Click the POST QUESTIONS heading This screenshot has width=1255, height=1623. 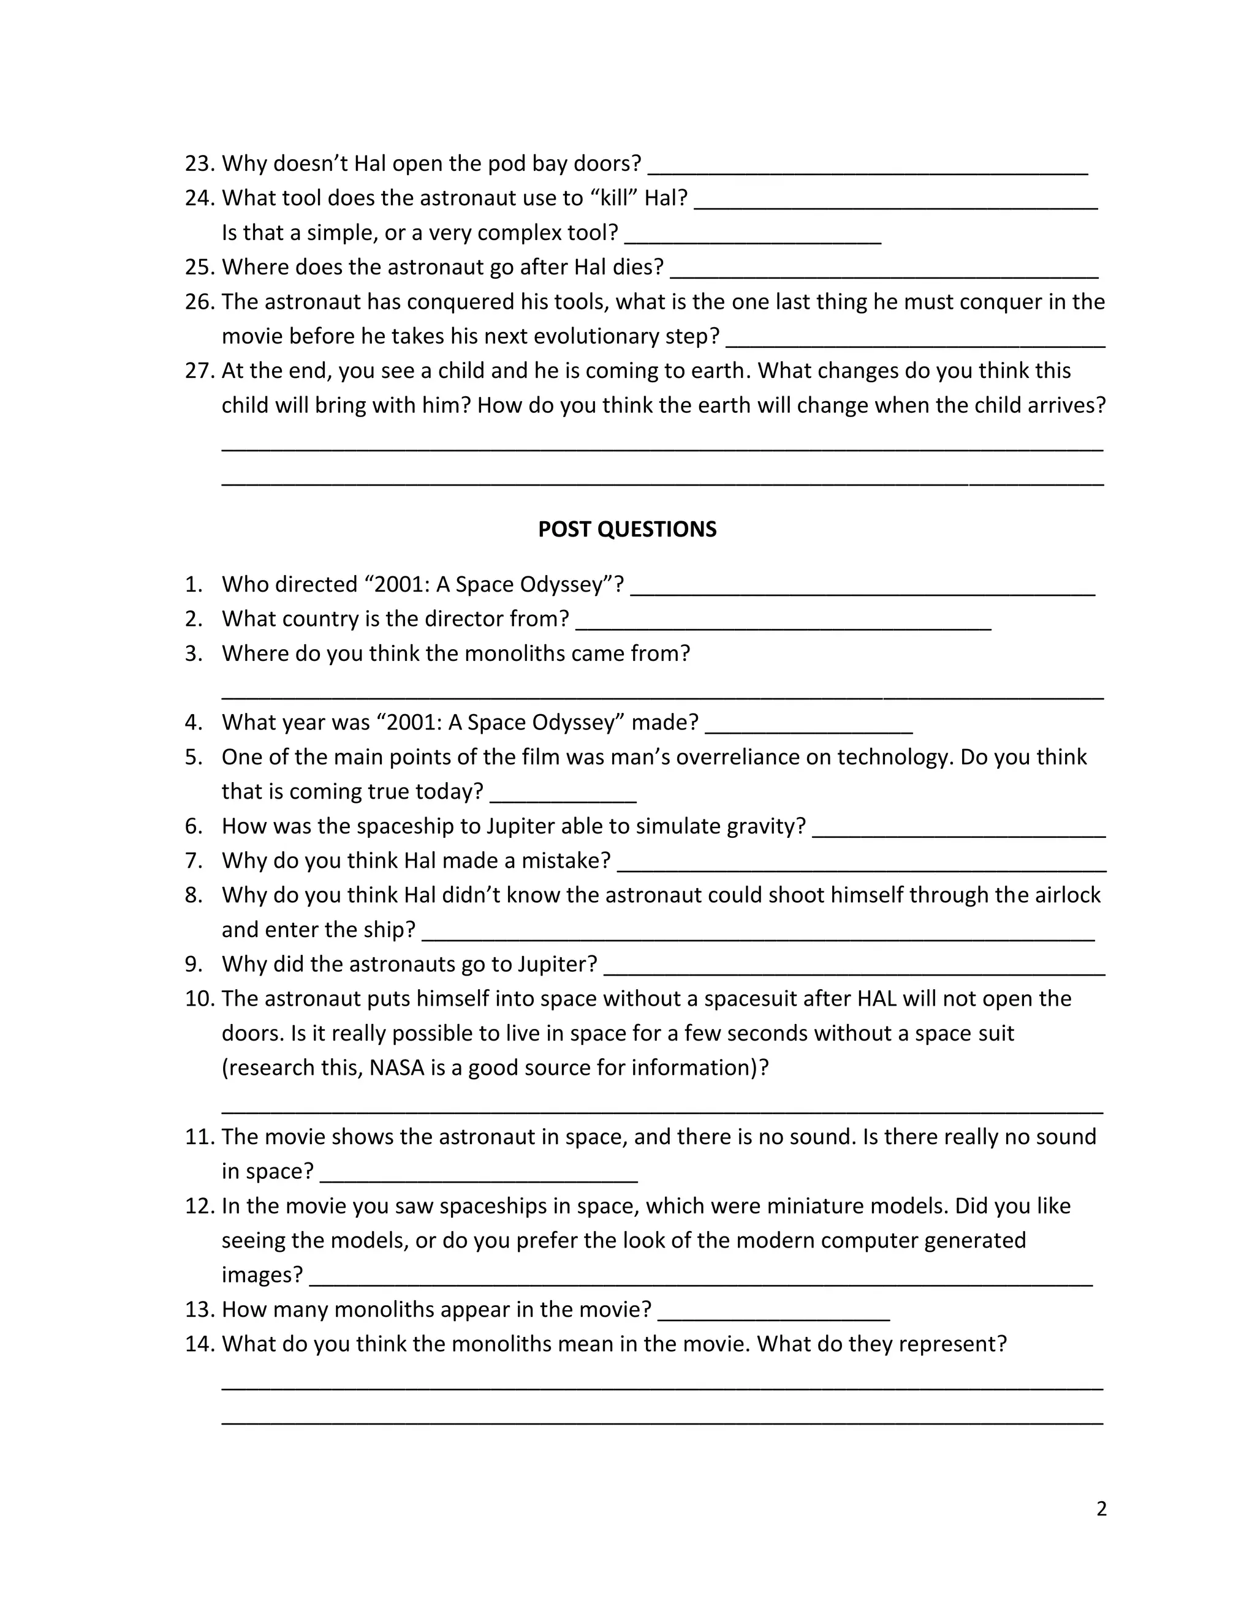[627, 529]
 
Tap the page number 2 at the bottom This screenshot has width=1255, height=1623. [1101, 1508]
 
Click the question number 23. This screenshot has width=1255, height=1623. [199, 164]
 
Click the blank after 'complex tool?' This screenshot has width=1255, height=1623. [753, 236]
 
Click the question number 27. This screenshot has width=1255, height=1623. [199, 371]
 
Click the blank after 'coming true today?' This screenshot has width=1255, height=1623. [563, 796]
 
